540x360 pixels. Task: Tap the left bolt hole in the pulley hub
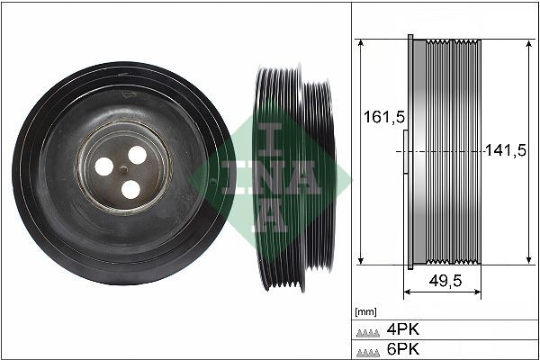pos(105,166)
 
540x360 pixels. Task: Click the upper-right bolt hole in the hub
pos(137,155)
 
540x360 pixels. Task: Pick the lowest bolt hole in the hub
pos(130,189)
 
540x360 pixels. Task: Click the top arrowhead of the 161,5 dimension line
pos(360,42)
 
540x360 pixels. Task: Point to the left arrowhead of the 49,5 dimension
pos(406,293)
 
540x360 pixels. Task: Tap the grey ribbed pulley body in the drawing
pos(445,153)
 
